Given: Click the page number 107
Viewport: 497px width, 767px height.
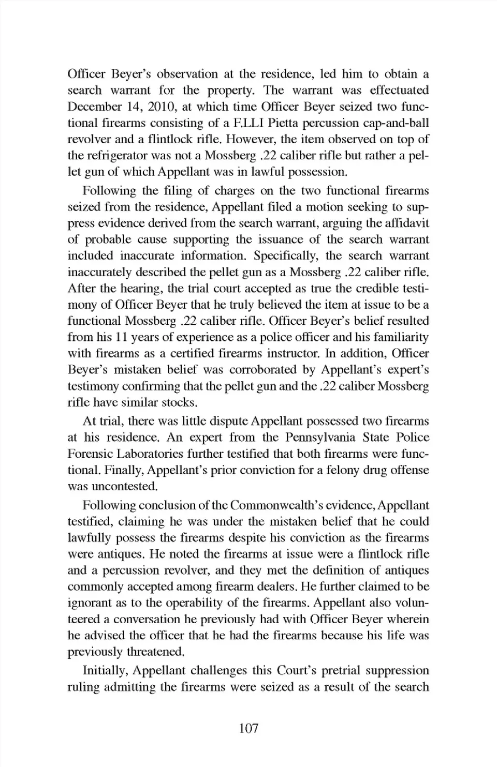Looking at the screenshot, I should pyautogui.click(x=248, y=729).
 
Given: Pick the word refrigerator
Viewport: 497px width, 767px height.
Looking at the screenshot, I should pyautogui.click(x=125, y=156).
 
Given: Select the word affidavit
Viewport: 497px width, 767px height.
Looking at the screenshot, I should pyautogui.click(x=406, y=223).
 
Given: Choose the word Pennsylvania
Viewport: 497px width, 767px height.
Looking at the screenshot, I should pyautogui.click(x=320, y=438).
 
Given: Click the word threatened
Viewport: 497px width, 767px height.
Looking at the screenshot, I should pyautogui.click(x=154, y=652).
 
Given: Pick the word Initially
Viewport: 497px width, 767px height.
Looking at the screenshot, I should pyautogui.click(x=104, y=671).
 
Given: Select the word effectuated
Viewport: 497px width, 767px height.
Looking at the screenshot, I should pyautogui.click(x=399, y=91).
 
